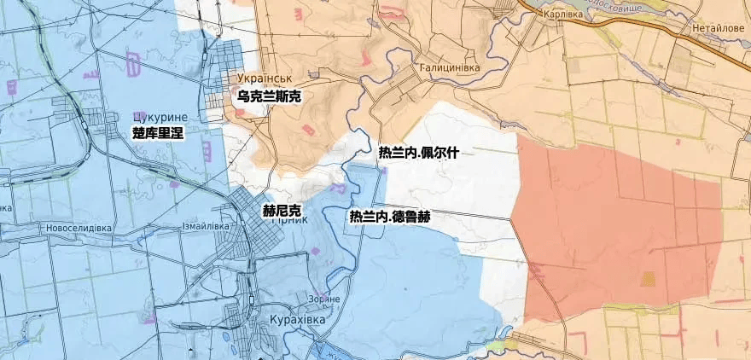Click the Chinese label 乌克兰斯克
269,96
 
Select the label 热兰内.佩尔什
419,154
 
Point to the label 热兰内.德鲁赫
389,217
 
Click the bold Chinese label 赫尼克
282,210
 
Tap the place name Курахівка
297,319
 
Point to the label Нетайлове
718,27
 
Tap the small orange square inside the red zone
648,278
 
